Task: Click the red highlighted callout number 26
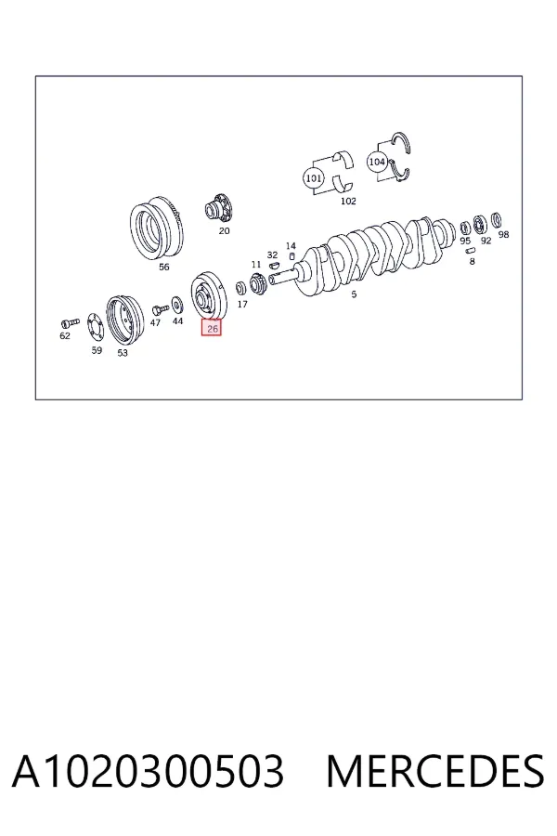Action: point(211,329)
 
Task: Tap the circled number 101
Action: point(313,177)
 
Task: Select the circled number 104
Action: point(377,162)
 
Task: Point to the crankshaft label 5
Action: point(354,294)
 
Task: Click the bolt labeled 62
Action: point(69,322)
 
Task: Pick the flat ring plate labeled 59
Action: point(97,327)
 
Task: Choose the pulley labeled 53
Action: point(124,321)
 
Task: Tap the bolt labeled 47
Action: point(160,309)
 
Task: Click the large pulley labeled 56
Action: point(157,229)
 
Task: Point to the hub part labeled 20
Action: point(219,209)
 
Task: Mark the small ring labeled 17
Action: point(241,289)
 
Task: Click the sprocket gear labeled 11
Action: point(258,282)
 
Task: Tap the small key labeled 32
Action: point(274,264)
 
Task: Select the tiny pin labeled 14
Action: point(291,256)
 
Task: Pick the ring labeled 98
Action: point(497,219)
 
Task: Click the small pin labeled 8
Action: point(470,250)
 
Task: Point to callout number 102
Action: point(348,201)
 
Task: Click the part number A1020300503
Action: point(148,772)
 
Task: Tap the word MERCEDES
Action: point(435,772)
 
